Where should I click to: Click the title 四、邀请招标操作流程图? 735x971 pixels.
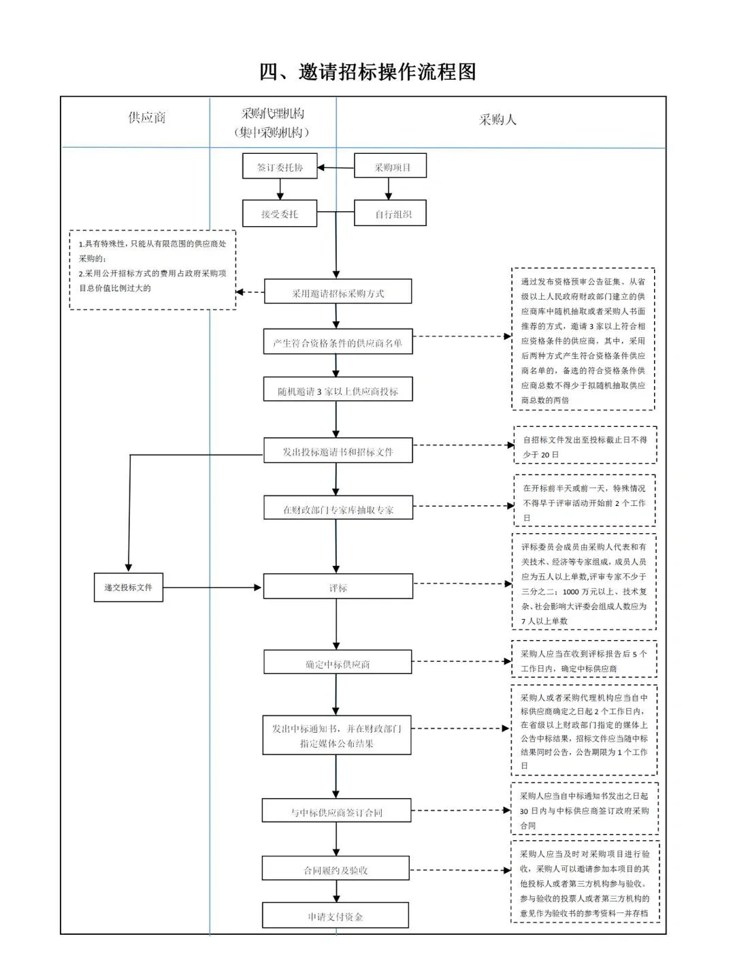pyautogui.click(x=367, y=71)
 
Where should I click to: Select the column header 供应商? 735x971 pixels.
pyautogui.click(x=147, y=118)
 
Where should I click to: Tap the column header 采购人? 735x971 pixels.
pyautogui.click(x=497, y=120)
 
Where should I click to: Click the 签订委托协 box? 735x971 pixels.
pyautogui.click(x=280, y=167)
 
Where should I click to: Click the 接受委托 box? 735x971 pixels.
pyautogui.click(x=280, y=214)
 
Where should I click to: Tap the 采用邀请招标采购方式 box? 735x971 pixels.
pyautogui.click(x=338, y=293)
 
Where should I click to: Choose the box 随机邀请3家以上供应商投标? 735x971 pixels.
pyautogui.click(x=338, y=391)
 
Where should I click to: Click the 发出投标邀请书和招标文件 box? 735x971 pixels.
pyautogui.click(x=338, y=451)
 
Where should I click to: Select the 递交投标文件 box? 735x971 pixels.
pyautogui.click(x=129, y=587)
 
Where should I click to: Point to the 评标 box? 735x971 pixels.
pyautogui.click(x=338, y=587)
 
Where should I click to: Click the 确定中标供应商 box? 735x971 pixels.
pyautogui.click(x=338, y=663)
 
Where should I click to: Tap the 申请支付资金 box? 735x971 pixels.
pyautogui.click(x=335, y=916)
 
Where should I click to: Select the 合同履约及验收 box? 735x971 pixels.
pyautogui.click(x=335, y=870)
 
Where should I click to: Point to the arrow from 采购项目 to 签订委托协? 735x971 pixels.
pyautogui.click(x=336, y=167)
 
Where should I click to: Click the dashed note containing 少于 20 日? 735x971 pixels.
pyautogui.click(x=584, y=447)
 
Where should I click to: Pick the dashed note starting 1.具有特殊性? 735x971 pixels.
pyautogui.click(x=152, y=270)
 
